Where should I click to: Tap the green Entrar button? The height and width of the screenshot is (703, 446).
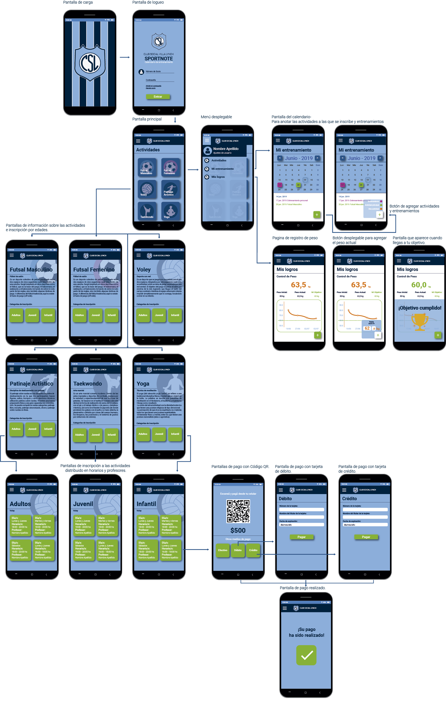pyautogui.click(x=158, y=97)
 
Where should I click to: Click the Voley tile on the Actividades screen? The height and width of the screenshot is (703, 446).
pyautogui.click(x=147, y=189)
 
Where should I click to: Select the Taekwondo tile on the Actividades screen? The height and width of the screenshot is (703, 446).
pyautogui.click(x=147, y=211)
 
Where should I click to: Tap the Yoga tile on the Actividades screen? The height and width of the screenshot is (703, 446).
pyautogui.click(x=170, y=211)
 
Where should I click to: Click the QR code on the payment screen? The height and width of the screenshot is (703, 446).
pyautogui.click(x=238, y=511)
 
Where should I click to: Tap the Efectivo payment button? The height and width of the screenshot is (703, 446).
pyautogui.click(x=223, y=550)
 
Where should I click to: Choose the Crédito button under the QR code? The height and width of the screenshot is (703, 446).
pyautogui.click(x=253, y=550)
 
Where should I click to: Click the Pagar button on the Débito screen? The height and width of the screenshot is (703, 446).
pyautogui.click(x=302, y=537)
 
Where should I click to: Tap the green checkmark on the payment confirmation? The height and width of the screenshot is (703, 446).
pyautogui.click(x=307, y=655)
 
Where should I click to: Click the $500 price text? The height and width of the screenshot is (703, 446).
pyautogui.click(x=238, y=531)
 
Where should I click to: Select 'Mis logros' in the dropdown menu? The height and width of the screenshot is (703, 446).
pyautogui.click(x=218, y=177)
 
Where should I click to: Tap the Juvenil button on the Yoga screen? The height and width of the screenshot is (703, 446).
pyautogui.click(x=159, y=434)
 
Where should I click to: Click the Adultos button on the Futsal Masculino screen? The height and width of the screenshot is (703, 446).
pyautogui.click(x=16, y=315)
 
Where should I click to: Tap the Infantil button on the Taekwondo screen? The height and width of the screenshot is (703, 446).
pyautogui.click(x=112, y=435)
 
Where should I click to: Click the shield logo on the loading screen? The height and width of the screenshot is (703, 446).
pyautogui.click(x=90, y=63)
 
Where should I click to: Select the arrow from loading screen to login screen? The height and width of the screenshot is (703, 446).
pyautogui.click(x=125, y=57)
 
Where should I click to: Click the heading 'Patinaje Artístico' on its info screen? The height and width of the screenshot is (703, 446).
pyautogui.click(x=31, y=384)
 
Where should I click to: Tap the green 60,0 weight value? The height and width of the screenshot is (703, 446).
pyautogui.click(x=418, y=285)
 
